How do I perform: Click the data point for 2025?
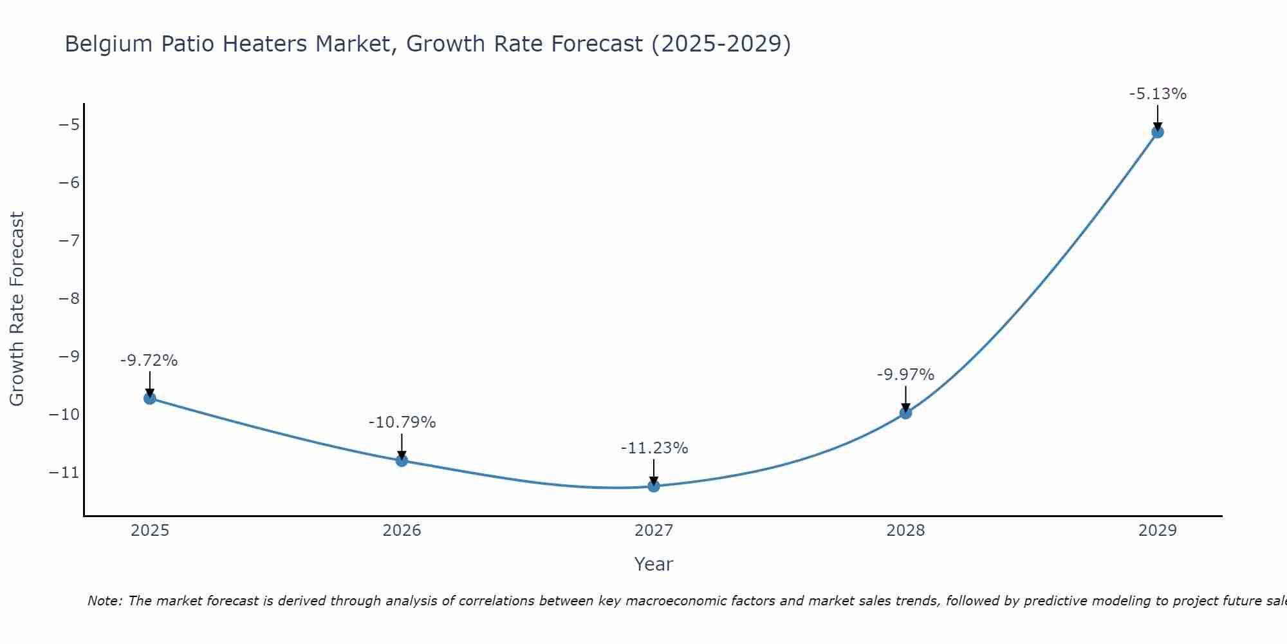click(x=150, y=398)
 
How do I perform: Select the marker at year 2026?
click(x=402, y=460)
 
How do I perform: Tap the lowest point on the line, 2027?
click(x=654, y=486)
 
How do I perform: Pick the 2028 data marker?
click(x=905, y=413)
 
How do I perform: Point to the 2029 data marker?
click(x=1158, y=132)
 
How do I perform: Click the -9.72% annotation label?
click(x=149, y=361)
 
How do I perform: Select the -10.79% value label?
click(x=402, y=422)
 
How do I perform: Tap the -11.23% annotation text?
click(x=654, y=448)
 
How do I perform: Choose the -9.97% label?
click(x=905, y=375)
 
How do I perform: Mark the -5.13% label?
click(x=1158, y=94)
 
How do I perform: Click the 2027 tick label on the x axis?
click(x=654, y=531)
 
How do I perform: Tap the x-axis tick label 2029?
click(x=1158, y=531)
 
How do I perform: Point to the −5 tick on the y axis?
click(x=68, y=124)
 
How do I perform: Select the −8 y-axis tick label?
click(x=68, y=298)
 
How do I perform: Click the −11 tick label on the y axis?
click(x=64, y=473)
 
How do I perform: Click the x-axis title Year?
click(x=654, y=564)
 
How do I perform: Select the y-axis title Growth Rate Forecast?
click(x=17, y=309)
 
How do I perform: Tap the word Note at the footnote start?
click(x=104, y=601)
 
